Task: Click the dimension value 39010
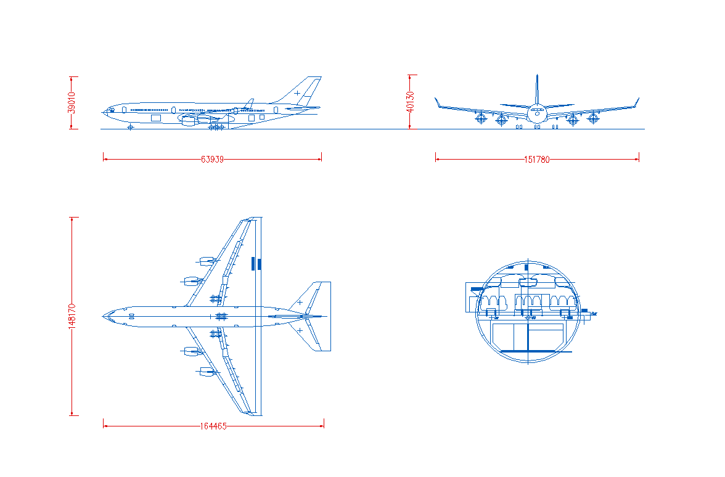[72, 102]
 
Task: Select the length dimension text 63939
[212, 160]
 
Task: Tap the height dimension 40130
[410, 102]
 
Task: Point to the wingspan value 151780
[537, 160]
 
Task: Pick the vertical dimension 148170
[72, 316]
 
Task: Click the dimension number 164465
[213, 426]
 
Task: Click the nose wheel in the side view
[130, 127]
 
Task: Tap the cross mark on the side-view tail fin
[297, 94]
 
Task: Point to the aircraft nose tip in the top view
[102, 317]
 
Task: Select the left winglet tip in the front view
[435, 98]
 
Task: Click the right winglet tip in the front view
[639, 98]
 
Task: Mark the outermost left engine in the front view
[481, 118]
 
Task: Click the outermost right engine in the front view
[593, 118]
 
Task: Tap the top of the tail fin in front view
[537, 75]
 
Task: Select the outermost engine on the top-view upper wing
[206, 261]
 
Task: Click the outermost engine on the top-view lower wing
[206, 371]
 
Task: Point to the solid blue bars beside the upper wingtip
[256, 264]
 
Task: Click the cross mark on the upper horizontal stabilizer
[300, 303]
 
